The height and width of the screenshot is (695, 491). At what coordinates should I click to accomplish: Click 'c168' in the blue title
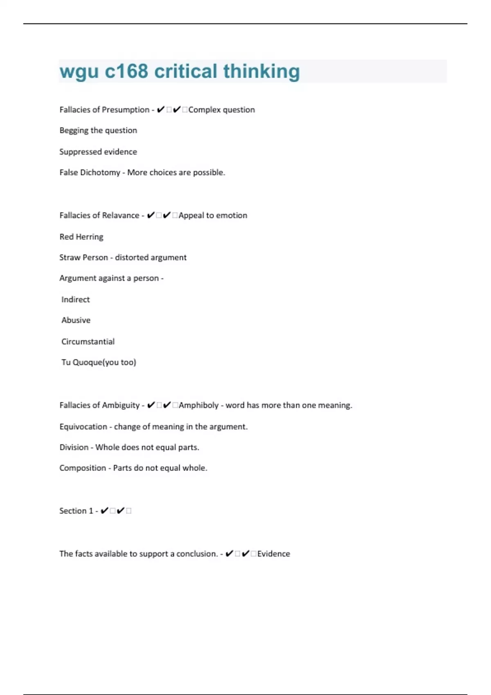click(x=126, y=71)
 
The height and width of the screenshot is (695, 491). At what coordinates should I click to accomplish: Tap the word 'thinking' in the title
click(x=261, y=71)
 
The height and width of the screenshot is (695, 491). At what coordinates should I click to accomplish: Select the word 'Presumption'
click(x=126, y=110)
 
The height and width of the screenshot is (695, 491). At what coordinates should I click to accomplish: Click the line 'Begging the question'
click(x=98, y=130)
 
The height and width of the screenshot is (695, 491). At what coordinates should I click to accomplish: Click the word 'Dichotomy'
click(x=100, y=173)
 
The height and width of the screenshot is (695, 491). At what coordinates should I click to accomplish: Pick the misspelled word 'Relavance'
click(x=119, y=215)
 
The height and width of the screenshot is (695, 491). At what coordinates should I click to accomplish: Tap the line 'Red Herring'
click(x=81, y=237)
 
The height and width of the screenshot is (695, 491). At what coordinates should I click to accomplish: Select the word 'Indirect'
click(x=75, y=300)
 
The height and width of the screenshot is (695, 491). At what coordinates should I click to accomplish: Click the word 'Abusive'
click(x=76, y=320)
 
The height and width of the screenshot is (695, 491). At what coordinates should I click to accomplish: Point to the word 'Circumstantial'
click(x=88, y=341)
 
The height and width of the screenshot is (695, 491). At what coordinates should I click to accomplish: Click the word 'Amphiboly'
click(x=198, y=405)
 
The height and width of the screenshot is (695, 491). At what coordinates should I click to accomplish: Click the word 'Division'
click(x=74, y=447)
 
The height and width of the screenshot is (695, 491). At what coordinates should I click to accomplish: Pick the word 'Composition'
click(x=83, y=468)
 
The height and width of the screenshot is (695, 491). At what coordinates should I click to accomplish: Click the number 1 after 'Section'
click(x=91, y=511)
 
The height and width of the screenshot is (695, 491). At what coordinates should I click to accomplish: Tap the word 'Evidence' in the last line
click(x=273, y=554)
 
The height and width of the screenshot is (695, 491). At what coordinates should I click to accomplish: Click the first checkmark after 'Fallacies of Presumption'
click(x=160, y=110)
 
